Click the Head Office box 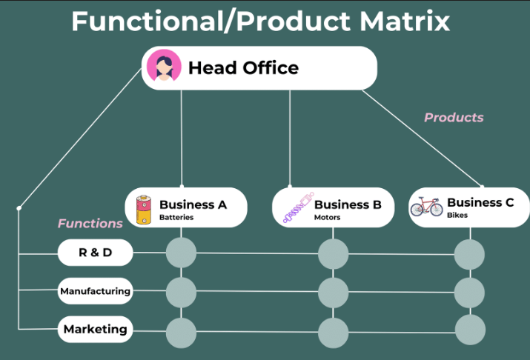coord(259,68)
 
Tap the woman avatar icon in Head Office coord(164,67)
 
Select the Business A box coord(185,207)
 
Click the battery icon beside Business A coord(143,208)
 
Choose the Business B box coord(333,207)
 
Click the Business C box coord(469,207)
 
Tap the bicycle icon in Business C coord(428,207)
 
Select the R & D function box coord(95,253)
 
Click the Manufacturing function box coord(95,291)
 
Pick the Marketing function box coord(95,329)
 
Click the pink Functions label coord(90,223)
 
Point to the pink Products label coord(454,117)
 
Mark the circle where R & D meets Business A coord(181,253)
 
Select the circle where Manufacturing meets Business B coord(333,292)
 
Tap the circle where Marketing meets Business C coord(469,330)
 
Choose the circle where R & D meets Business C coord(469,254)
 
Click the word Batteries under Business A coord(176,218)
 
